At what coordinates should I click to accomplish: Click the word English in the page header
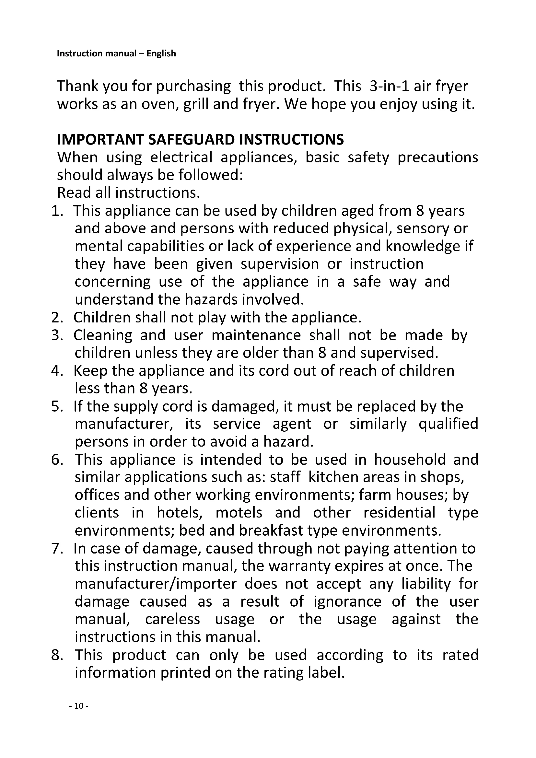(x=161, y=53)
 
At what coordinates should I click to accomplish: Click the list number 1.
(x=57, y=211)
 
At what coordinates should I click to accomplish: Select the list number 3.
(x=57, y=335)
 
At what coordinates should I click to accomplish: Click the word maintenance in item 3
(x=256, y=335)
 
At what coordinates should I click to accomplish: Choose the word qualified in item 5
(x=448, y=424)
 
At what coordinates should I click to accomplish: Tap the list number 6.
(x=57, y=460)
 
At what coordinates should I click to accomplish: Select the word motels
(x=239, y=513)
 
